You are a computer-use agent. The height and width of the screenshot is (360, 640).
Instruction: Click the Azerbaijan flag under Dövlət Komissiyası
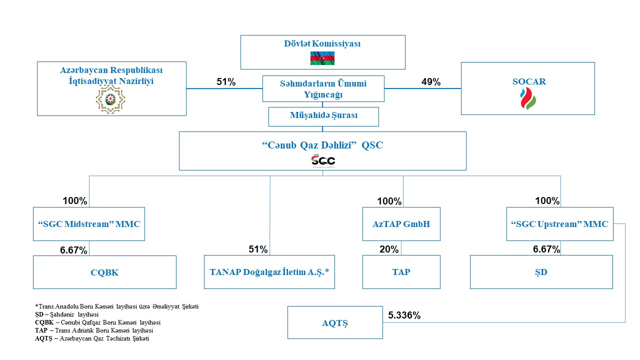[322, 58]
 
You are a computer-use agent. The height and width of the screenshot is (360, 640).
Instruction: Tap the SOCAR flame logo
[528, 98]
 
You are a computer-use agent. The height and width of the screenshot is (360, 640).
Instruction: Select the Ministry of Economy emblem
[110, 99]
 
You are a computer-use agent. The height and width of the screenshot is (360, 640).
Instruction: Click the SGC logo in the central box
[323, 160]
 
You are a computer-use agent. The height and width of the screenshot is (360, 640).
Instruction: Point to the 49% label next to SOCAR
[431, 82]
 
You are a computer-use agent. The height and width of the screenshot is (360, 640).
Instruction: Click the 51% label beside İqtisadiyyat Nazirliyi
[226, 82]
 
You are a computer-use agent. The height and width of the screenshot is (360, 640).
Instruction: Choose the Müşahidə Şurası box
[323, 116]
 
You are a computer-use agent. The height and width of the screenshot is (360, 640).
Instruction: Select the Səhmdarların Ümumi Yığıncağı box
[323, 88]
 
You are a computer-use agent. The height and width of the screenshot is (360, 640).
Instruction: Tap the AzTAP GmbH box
[401, 224]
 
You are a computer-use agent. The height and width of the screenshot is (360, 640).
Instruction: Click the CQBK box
[104, 272]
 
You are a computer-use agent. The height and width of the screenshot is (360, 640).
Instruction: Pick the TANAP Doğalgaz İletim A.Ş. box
[269, 272]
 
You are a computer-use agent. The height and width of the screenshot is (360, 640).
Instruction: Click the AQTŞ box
[335, 323]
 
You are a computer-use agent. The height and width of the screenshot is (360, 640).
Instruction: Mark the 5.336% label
[404, 315]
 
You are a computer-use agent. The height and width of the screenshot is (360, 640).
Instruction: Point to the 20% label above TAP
[389, 249]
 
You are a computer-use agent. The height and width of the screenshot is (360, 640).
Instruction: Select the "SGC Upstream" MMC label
[559, 224]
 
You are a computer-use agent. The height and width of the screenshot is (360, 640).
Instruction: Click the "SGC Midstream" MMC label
[89, 224]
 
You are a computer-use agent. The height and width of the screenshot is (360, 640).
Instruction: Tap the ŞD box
[541, 272]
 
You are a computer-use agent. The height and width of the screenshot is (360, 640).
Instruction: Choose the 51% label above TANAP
[258, 249]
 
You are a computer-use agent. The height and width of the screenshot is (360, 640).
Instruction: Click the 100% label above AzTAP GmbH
[389, 201]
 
